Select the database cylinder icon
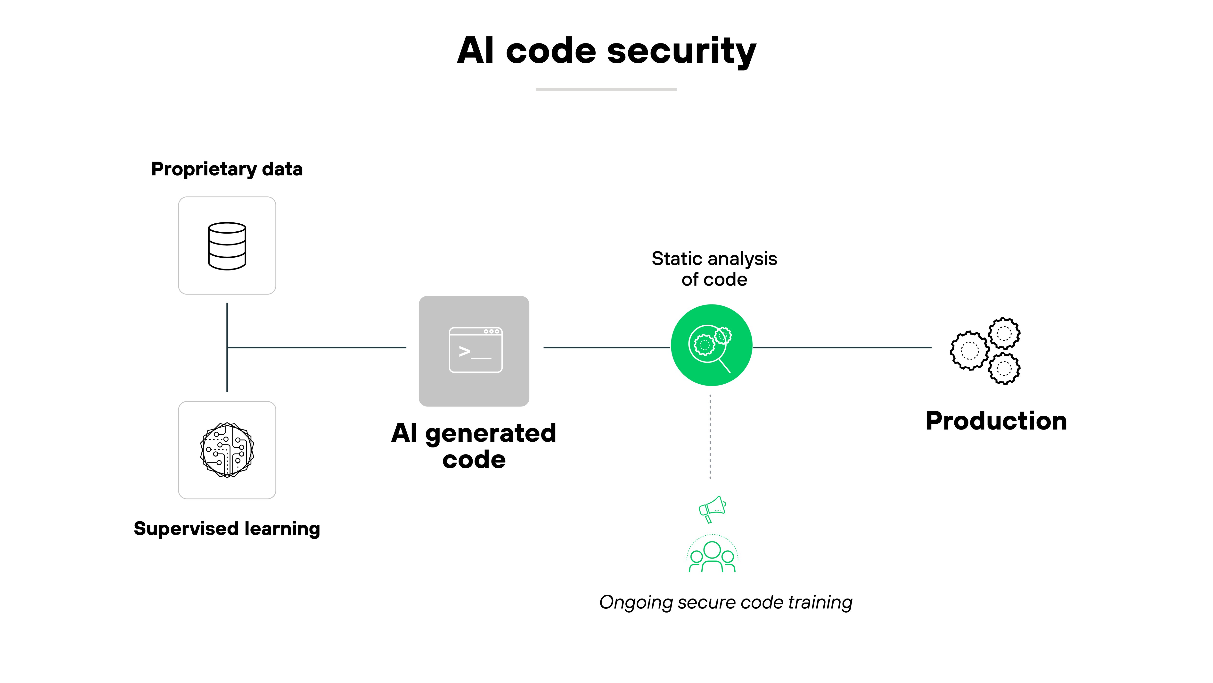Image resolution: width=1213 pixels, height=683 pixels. pos(227,246)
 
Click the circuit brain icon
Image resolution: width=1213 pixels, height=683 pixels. pos(227,450)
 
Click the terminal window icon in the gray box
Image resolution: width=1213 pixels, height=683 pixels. pos(475,350)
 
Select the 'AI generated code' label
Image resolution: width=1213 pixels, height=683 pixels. pos(474,446)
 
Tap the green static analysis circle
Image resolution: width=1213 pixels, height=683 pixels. pos(712,345)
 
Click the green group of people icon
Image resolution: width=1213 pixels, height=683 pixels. pos(712,555)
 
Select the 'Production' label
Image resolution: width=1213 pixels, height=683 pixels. pos(996,421)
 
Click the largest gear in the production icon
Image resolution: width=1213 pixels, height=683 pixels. pos(969,350)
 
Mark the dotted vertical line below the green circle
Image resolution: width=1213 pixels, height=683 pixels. pos(710,436)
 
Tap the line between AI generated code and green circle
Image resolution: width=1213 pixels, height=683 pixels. pos(606,347)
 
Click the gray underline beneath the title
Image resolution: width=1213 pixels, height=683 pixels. pos(606,89)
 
